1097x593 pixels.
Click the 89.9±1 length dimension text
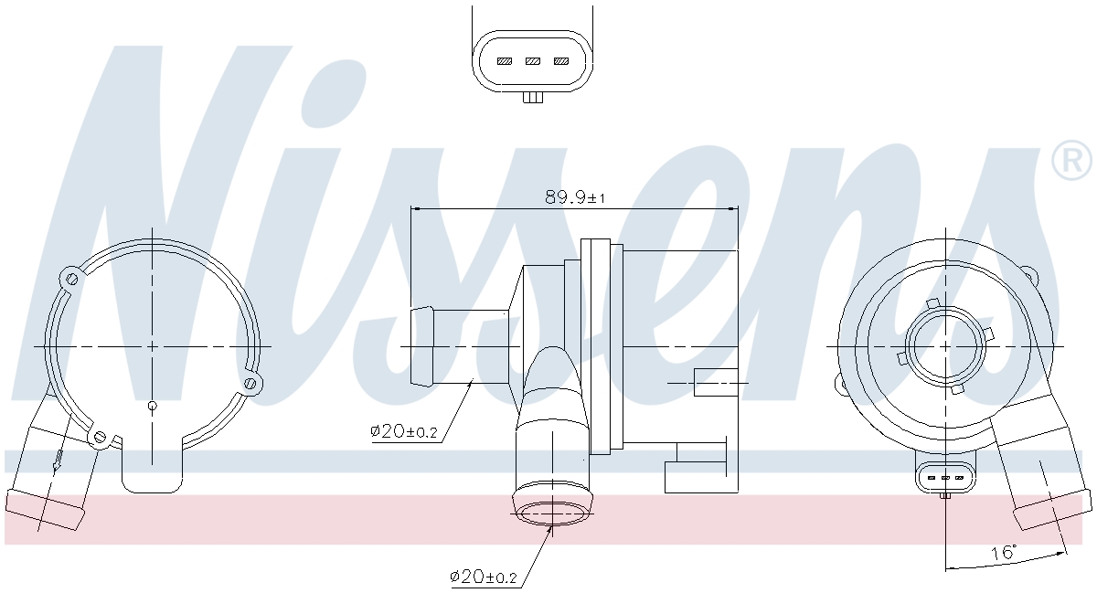click(x=575, y=196)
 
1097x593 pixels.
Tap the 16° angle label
click(x=1004, y=553)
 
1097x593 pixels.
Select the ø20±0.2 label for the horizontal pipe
click(x=403, y=431)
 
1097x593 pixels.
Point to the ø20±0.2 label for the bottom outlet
click(x=484, y=577)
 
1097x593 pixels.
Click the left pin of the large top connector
click(x=505, y=61)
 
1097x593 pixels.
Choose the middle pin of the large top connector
click(x=533, y=61)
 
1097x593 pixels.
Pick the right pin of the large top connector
click(x=561, y=61)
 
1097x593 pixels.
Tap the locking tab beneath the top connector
click(x=533, y=98)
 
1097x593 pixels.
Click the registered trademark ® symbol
click(x=1071, y=160)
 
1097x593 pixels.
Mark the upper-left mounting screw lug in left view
click(x=71, y=279)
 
